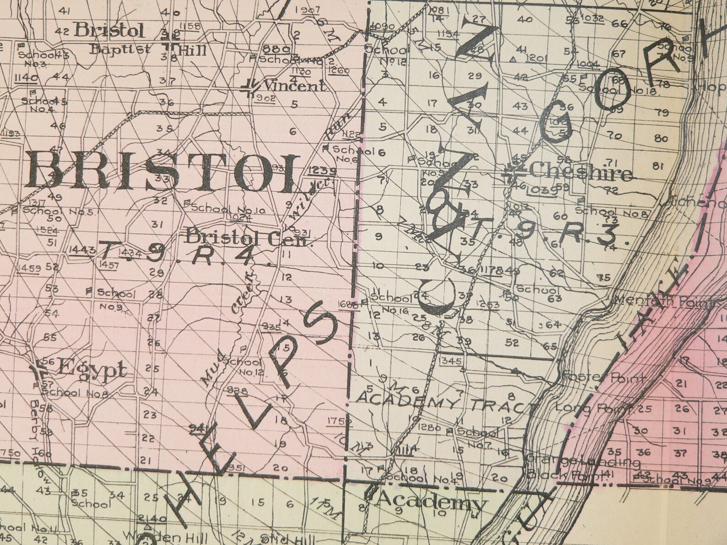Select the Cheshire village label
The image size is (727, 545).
tap(581, 173)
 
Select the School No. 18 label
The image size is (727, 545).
tap(619, 89)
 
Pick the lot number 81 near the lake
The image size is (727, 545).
tap(659, 167)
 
